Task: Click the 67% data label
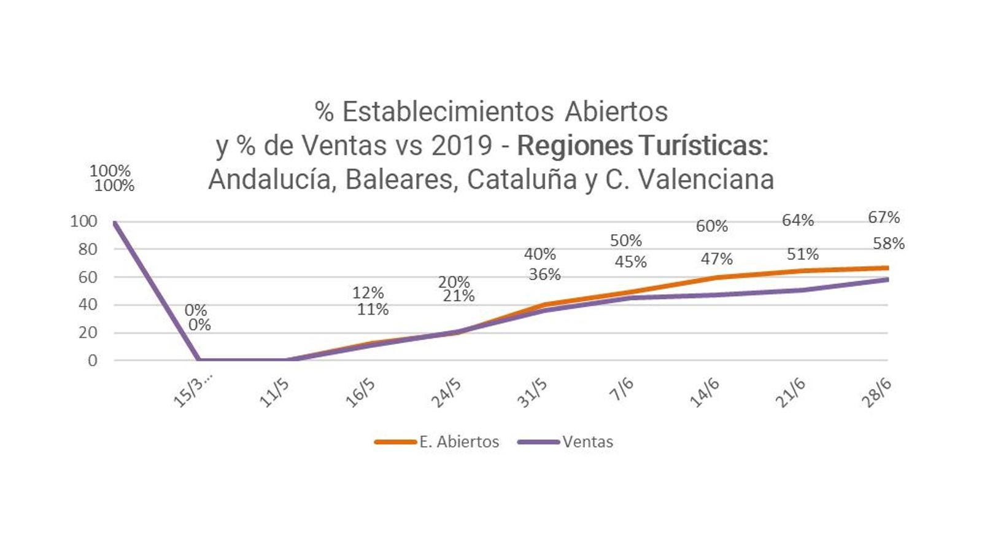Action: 883,218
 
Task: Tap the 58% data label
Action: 888,244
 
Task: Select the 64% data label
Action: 797,221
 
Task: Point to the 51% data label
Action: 802,254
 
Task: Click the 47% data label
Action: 716,259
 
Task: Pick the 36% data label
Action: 544,275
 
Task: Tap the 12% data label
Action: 368,293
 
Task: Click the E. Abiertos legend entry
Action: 458,442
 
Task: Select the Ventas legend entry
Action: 587,442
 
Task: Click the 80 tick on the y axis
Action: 88,249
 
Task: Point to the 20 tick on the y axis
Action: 88,333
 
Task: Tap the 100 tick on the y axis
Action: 83,222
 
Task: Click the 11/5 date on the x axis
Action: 274,393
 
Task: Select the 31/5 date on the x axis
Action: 532,393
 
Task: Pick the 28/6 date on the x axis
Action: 876,393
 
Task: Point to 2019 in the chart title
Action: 462,146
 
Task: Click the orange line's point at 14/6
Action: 716,278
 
